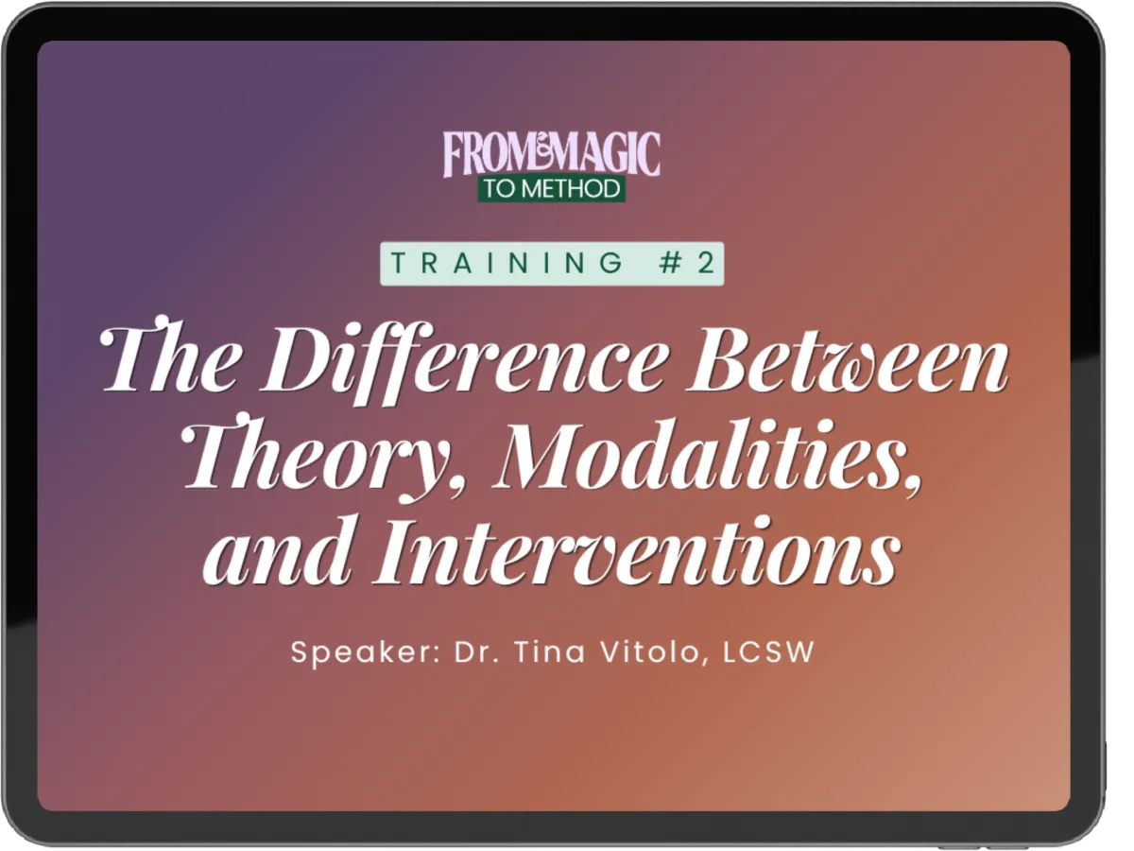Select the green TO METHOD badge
point(551,188)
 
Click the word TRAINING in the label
point(507,263)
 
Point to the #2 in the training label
point(687,263)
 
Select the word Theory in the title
point(313,456)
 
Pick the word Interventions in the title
point(636,549)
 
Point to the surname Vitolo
point(654,652)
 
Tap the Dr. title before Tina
point(477,651)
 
